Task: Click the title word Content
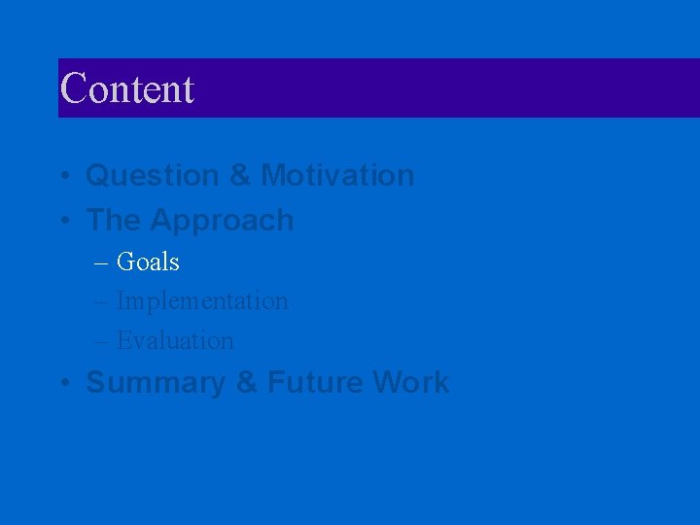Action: [127, 88]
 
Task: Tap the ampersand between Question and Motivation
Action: [240, 176]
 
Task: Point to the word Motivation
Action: [337, 176]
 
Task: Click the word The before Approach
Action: [113, 221]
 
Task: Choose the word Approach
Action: [222, 222]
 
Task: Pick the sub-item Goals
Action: [148, 262]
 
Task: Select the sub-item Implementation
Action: [202, 302]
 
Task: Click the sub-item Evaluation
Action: [175, 341]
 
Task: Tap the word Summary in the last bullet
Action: [157, 383]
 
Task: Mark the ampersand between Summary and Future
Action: [247, 383]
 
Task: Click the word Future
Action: [314, 383]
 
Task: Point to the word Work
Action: [410, 383]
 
